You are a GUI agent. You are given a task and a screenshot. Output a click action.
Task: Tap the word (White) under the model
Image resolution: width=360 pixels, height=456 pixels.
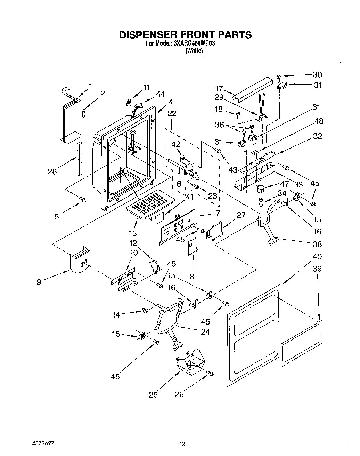tap(194, 51)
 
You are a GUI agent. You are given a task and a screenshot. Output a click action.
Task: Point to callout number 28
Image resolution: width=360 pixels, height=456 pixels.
tap(52, 171)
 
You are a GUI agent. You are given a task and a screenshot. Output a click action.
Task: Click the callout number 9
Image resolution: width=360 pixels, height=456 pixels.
tap(39, 282)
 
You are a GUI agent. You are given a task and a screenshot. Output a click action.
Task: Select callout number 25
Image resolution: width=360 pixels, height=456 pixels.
tap(153, 394)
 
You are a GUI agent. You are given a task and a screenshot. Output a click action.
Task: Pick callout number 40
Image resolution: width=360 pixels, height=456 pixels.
tap(317, 257)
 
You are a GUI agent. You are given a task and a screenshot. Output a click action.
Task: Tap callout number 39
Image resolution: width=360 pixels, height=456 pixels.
tap(317, 269)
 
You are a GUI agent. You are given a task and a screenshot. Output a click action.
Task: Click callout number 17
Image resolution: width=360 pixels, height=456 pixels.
tap(219, 89)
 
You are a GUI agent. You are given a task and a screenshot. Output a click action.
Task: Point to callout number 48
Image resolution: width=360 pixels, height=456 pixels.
tap(318, 121)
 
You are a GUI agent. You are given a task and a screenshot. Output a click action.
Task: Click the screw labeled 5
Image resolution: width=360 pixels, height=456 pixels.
tap(82, 199)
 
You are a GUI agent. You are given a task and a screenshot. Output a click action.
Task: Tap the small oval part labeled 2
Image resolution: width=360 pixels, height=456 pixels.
tap(84, 113)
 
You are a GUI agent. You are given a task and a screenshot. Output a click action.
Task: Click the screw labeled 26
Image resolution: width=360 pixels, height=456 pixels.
tap(210, 374)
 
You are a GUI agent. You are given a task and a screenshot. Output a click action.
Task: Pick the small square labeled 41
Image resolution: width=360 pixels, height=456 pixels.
tap(159, 218)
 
